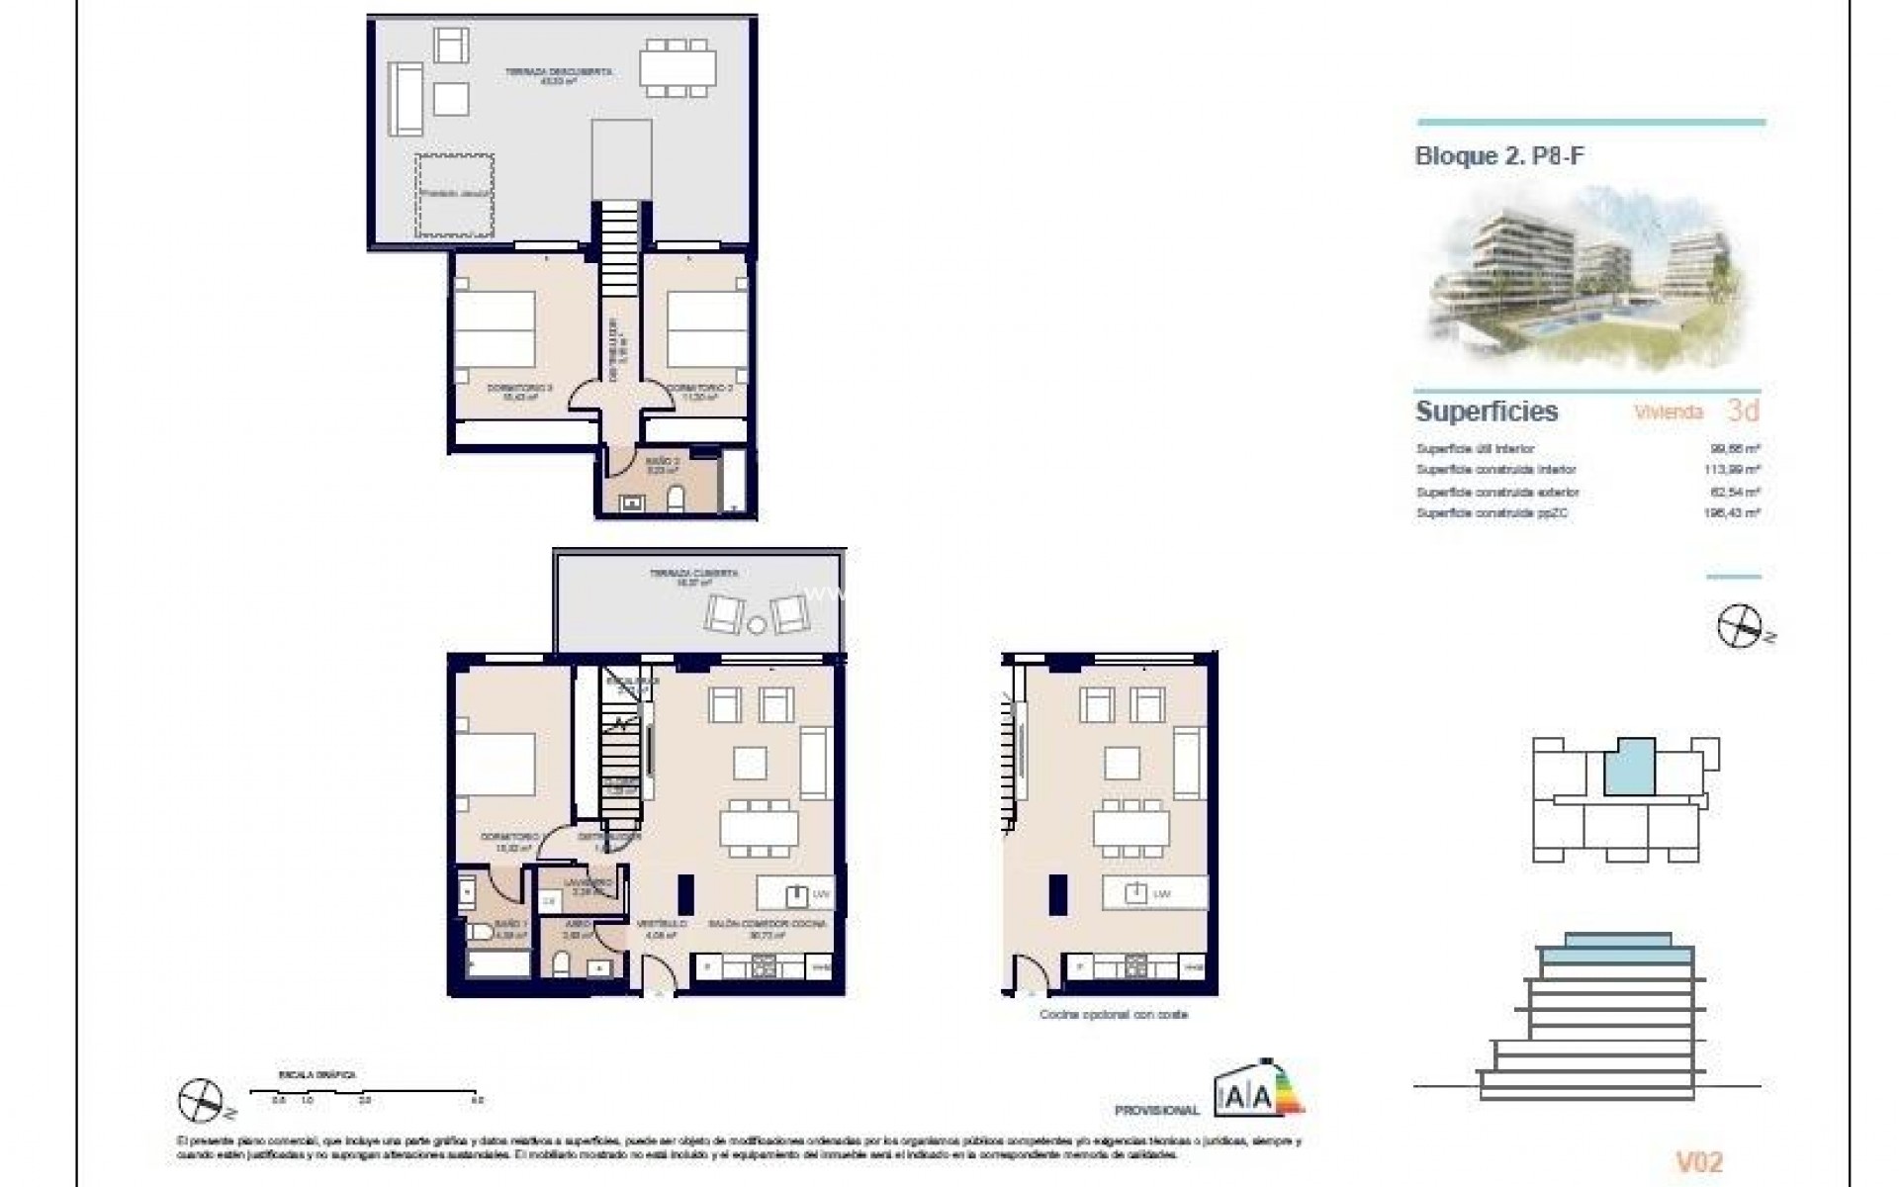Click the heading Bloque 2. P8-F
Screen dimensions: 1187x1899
click(x=1499, y=155)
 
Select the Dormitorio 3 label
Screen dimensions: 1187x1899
click(x=512, y=391)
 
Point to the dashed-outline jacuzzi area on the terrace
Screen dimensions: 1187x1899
click(x=454, y=195)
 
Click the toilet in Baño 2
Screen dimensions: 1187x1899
click(x=677, y=501)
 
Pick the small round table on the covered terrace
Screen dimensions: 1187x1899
click(x=757, y=624)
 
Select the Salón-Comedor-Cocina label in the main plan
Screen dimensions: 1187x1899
click(x=767, y=928)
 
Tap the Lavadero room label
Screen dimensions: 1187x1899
click(x=583, y=885)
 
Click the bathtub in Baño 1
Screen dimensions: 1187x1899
click(x=497, y=963)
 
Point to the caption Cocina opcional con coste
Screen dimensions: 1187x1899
click(x=1113, y=1015)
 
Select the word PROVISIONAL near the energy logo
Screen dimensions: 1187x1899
click(x=1156, y=1111)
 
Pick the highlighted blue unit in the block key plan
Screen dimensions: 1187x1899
click(x=1628, y=767)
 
